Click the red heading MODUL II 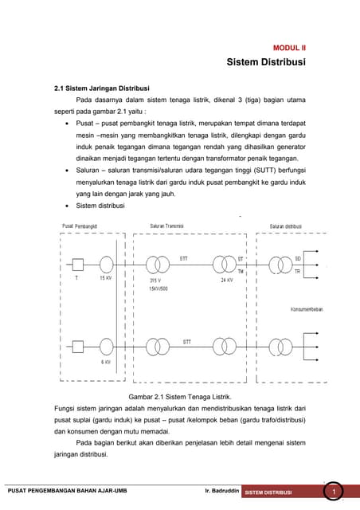[289, 48]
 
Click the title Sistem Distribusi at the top [266, 62]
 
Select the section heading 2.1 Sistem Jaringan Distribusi [96, 88]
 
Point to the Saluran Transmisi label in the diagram [166, 226]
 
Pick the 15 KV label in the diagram [105, 278]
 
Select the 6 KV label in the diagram [105, 362]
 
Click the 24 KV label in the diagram [226, 280]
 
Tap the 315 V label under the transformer [155, 280]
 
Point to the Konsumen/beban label [306, 310]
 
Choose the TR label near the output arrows [298, 272]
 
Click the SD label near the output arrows [298, 259]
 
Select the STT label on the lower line [186, 342]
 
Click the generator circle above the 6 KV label [106, 347]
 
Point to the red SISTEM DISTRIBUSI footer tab [269, 492]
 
